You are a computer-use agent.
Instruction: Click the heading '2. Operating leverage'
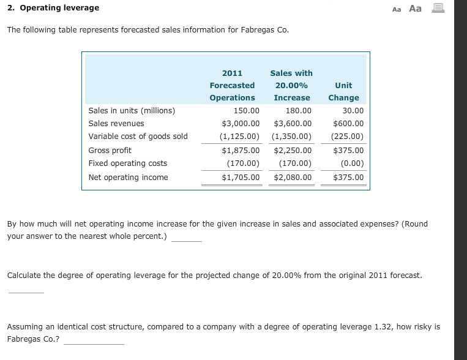coord(53,8)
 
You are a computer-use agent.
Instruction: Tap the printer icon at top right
coord(438,8)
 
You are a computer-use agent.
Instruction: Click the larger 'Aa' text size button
coord(416,8)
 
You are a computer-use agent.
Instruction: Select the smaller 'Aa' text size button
coord(397,9)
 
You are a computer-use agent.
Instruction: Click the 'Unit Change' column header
coord(343,91)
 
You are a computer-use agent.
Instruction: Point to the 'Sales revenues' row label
coord(116,123)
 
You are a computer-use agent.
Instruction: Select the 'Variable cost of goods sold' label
coord(138,137)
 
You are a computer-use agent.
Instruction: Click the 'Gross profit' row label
coord(110,150)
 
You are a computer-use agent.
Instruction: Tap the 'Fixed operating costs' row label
coord(127,163)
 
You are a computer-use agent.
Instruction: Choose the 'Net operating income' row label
coord(128,178)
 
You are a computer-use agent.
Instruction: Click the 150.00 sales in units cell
coord(247,111)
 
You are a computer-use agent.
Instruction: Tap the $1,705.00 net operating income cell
coord(241,178)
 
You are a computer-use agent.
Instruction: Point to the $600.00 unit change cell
coord(348,123)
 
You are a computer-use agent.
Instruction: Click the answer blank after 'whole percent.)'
coord(187,238)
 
